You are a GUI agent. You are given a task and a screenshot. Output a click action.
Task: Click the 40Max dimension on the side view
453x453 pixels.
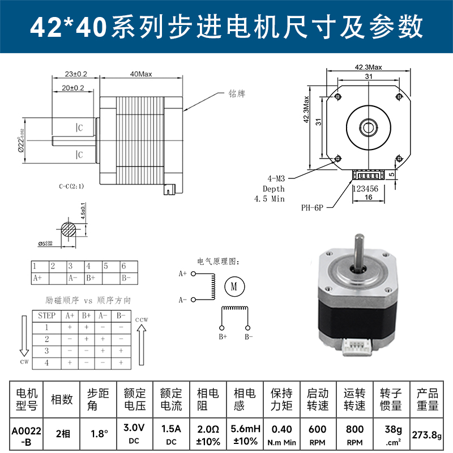141,74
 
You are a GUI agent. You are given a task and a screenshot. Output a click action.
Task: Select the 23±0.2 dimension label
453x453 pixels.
75,74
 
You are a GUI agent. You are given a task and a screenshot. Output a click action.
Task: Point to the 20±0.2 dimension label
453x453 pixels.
72,88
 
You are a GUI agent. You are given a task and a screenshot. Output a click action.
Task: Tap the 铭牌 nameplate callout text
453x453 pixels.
237,94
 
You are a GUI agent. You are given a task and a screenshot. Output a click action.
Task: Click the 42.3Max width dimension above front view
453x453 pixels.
368,67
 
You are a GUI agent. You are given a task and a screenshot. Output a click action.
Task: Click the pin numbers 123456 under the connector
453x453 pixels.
365,189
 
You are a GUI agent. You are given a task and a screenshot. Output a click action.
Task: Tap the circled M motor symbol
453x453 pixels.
233,287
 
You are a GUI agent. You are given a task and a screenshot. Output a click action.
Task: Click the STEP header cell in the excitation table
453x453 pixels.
46,315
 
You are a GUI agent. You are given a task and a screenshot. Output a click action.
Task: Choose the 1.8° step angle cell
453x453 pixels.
99,434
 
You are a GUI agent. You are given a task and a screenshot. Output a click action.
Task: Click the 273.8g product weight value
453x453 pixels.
428,435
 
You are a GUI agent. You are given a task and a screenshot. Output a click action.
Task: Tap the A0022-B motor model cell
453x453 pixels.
26,435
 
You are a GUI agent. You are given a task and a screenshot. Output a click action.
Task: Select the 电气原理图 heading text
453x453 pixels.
218,262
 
